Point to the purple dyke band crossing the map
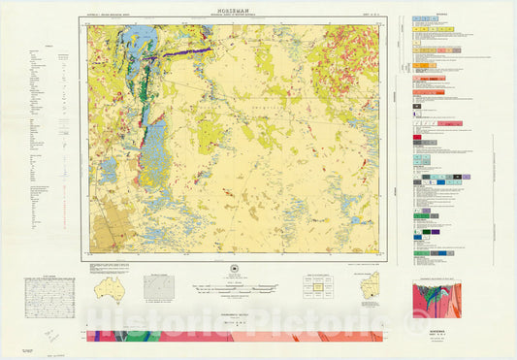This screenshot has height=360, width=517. [x=184, y=55]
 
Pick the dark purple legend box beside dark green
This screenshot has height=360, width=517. [x=433, y=231]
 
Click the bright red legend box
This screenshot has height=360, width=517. [x=417, y=138]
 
